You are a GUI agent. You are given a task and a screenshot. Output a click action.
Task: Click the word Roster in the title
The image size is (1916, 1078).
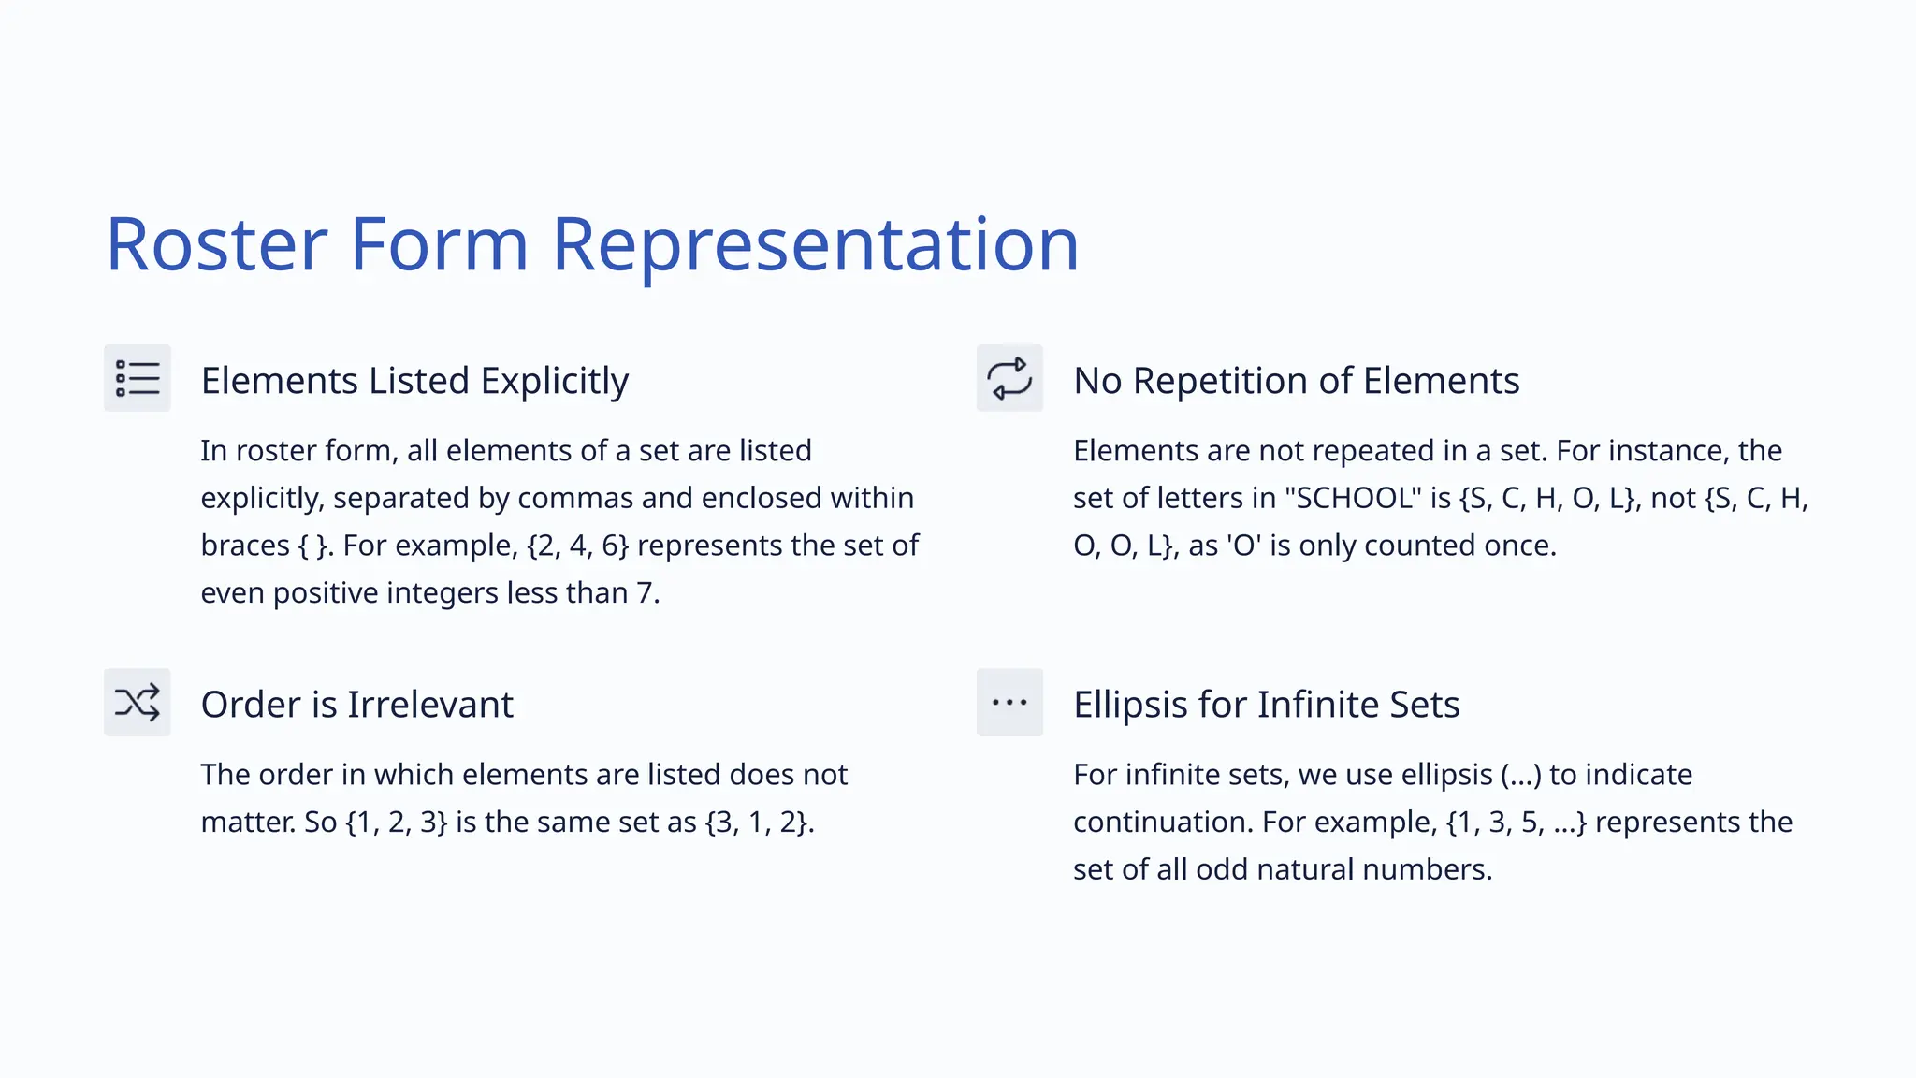click(216, 245)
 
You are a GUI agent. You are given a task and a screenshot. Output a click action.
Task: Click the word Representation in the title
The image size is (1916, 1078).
click(815, 245)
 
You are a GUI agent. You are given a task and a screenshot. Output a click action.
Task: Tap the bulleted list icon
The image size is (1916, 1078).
click(138, 378)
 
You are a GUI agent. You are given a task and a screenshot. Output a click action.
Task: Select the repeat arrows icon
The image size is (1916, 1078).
click(1009, 378)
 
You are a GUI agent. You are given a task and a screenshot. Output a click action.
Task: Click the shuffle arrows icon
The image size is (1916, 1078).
click(138, 702)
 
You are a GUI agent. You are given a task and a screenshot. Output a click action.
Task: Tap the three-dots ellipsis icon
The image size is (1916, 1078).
click(1009, 702)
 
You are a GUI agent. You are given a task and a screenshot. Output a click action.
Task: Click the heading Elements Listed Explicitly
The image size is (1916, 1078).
click(414, 381)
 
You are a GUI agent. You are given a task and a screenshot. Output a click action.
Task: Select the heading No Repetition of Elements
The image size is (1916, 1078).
click(1296, 381)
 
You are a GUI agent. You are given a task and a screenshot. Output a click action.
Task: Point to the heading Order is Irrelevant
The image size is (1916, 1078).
click(356, 705)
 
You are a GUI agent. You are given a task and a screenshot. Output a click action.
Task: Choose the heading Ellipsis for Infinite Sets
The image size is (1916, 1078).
click(1266, 705)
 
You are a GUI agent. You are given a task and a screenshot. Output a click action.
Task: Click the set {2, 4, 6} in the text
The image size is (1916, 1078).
click(577, 546)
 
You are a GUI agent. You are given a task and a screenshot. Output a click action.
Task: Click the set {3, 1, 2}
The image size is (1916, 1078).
click(757, 823)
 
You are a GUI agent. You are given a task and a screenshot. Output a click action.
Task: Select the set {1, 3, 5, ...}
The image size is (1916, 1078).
click(1516, 823)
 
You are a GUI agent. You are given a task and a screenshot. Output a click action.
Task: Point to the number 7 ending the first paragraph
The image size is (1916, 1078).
click(645, 593)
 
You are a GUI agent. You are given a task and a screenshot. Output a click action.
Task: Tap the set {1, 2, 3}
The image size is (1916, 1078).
click(397, 823)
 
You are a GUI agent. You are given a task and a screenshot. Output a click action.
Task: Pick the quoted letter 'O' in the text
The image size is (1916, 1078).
click(1244, 546)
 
